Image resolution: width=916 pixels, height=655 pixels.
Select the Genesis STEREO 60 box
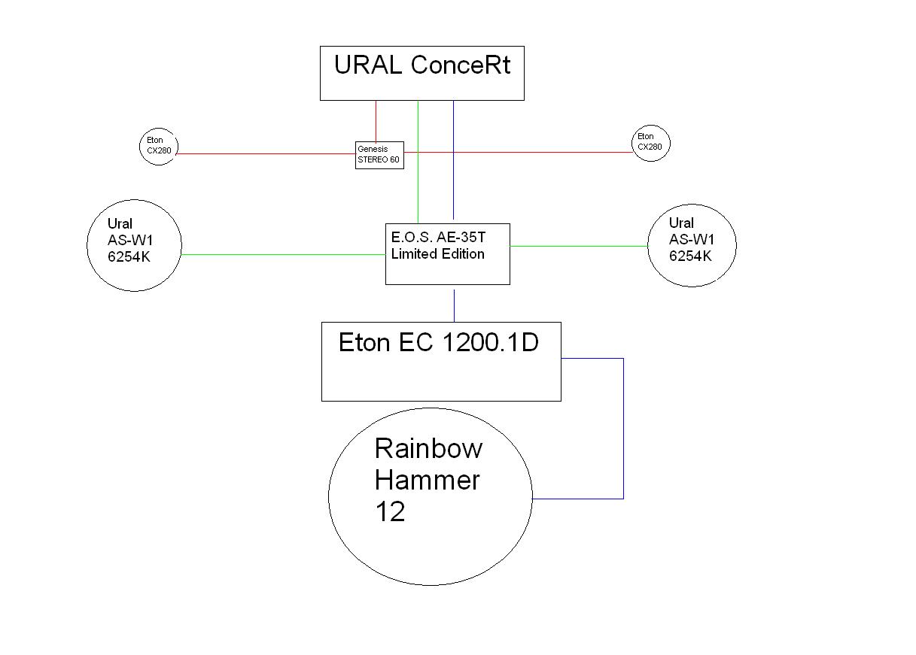379,156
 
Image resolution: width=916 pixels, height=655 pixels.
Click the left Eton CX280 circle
158,146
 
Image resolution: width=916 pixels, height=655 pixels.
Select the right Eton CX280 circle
650,142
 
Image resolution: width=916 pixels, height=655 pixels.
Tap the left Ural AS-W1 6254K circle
135,244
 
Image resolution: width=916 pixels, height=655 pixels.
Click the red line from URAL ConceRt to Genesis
376,120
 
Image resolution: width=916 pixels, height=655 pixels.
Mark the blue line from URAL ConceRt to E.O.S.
453,158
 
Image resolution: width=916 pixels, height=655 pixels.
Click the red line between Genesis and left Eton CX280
263,153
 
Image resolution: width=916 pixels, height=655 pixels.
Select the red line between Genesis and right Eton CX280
519,152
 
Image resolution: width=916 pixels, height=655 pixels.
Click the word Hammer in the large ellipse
427,480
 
